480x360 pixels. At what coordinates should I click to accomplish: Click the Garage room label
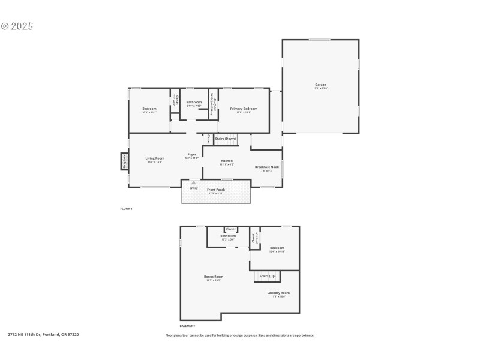(x=320, y=85)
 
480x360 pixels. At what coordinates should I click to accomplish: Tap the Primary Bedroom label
(x=244, y=109)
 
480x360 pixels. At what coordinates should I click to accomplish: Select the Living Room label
(x=154, y=160)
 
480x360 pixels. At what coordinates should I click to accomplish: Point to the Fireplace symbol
(x=125, y=161)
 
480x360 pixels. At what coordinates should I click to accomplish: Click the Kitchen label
(x=227, y=161)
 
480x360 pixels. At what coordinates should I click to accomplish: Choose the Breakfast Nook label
(x=266, y=167)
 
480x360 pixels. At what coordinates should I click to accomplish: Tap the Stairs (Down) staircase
(x=226, y=139)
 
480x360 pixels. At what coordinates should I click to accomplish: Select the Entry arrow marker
(x=193, y=183)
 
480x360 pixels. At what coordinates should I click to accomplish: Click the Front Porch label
(x=216, y=190)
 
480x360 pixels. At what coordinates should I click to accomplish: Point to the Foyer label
(x=192, y=155)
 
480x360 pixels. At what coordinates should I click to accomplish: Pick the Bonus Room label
(x=214, y=277)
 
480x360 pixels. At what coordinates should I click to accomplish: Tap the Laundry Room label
(x=278, y=293)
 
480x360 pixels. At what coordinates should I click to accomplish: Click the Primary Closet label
(x=212, y=104)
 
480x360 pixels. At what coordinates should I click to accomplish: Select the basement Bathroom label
(x=228, y=236)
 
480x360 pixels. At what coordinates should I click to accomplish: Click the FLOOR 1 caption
(x=126, y=208)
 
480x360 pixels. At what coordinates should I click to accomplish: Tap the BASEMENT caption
(x=187, y=326)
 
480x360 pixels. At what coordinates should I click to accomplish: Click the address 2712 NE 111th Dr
(x=43, y=335)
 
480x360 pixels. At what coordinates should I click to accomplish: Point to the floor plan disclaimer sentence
(x=239, y=335)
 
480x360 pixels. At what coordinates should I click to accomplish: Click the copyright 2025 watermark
(x=17, y=26)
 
